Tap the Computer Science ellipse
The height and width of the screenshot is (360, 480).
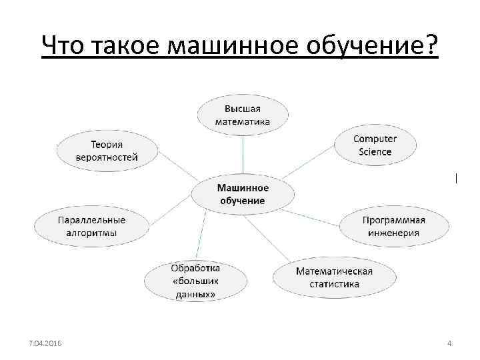coord(375,145)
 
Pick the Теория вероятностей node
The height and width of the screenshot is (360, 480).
coord(107,150)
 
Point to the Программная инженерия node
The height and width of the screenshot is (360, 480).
coord(391,227)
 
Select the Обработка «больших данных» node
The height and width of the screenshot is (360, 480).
coord(195,281)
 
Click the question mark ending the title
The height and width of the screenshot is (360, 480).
coord(431,45)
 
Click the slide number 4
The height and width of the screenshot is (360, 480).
coord(449,343)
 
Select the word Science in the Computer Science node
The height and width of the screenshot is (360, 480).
coord(375,151)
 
